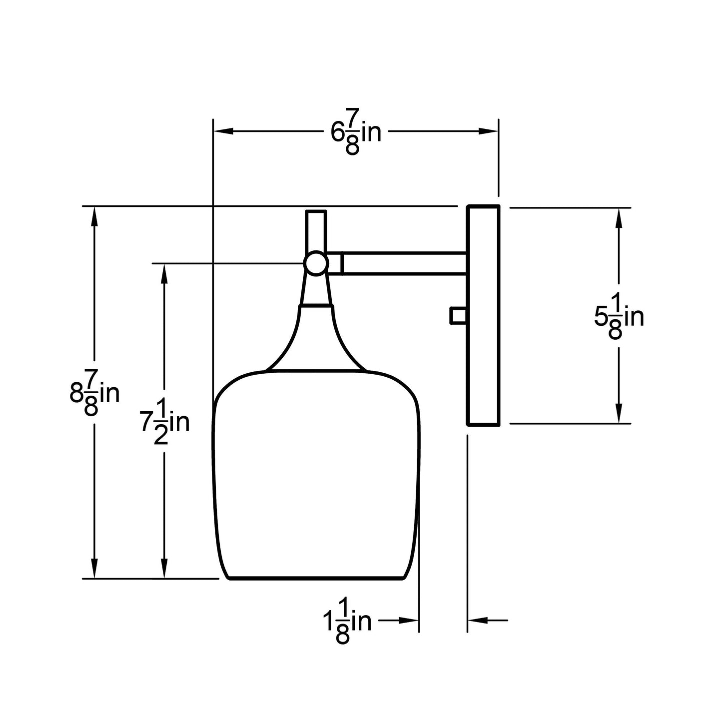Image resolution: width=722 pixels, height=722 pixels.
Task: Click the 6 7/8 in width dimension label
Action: (356, 131)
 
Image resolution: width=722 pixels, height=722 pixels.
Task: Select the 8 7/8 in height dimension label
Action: (94, 392)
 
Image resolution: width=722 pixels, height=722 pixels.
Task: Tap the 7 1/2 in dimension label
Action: (165, 422)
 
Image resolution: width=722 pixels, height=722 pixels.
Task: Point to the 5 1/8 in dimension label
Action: (619, 316)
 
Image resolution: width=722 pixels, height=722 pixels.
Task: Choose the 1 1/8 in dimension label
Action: (347, 621)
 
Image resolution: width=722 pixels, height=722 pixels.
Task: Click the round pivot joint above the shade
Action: (316, 263)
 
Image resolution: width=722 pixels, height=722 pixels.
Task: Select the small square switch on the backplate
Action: (458, 315)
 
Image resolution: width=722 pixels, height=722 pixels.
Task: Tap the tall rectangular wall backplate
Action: (483, 315)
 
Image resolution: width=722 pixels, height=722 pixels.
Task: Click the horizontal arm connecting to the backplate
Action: (404, 263)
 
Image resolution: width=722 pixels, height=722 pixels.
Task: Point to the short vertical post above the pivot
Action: (316, 231)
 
